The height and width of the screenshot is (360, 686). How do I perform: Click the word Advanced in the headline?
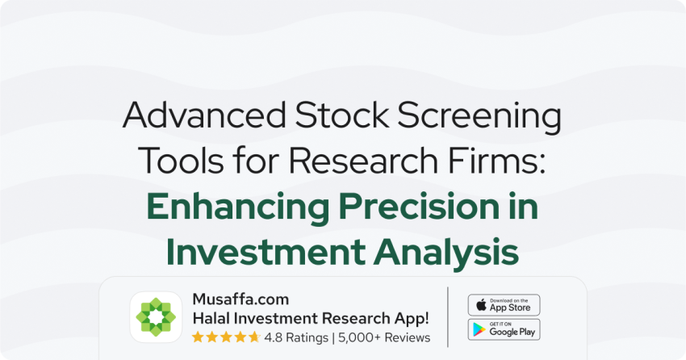click(x=204, y=115)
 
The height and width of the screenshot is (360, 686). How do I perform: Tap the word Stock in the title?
click(x=341, y=115)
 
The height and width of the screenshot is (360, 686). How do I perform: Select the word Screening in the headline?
click(x=479, y=117)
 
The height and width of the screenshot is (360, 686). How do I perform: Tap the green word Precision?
click(x=419, y=206)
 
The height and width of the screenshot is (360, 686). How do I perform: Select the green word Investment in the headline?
click(x=266, y=252)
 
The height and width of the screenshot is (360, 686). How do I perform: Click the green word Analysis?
click(x=445, y=253)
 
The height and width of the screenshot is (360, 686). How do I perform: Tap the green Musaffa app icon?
click(x=156, y=317)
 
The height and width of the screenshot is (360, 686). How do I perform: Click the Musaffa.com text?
click(x=241, y=299)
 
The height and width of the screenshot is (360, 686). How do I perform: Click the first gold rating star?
click(x=198, y=337)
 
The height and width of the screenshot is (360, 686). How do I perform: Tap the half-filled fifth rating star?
click(x=254, y=337)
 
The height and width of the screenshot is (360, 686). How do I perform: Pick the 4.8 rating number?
click(x=273, y=337)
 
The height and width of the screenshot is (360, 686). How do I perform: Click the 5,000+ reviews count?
click(x=356, y=338)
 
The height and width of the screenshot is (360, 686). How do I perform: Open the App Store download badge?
click(x=504, y=305)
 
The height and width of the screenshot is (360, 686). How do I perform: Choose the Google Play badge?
click(x=504, y=329)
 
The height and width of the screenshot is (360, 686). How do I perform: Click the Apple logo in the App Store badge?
click(x=481, y=304)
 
